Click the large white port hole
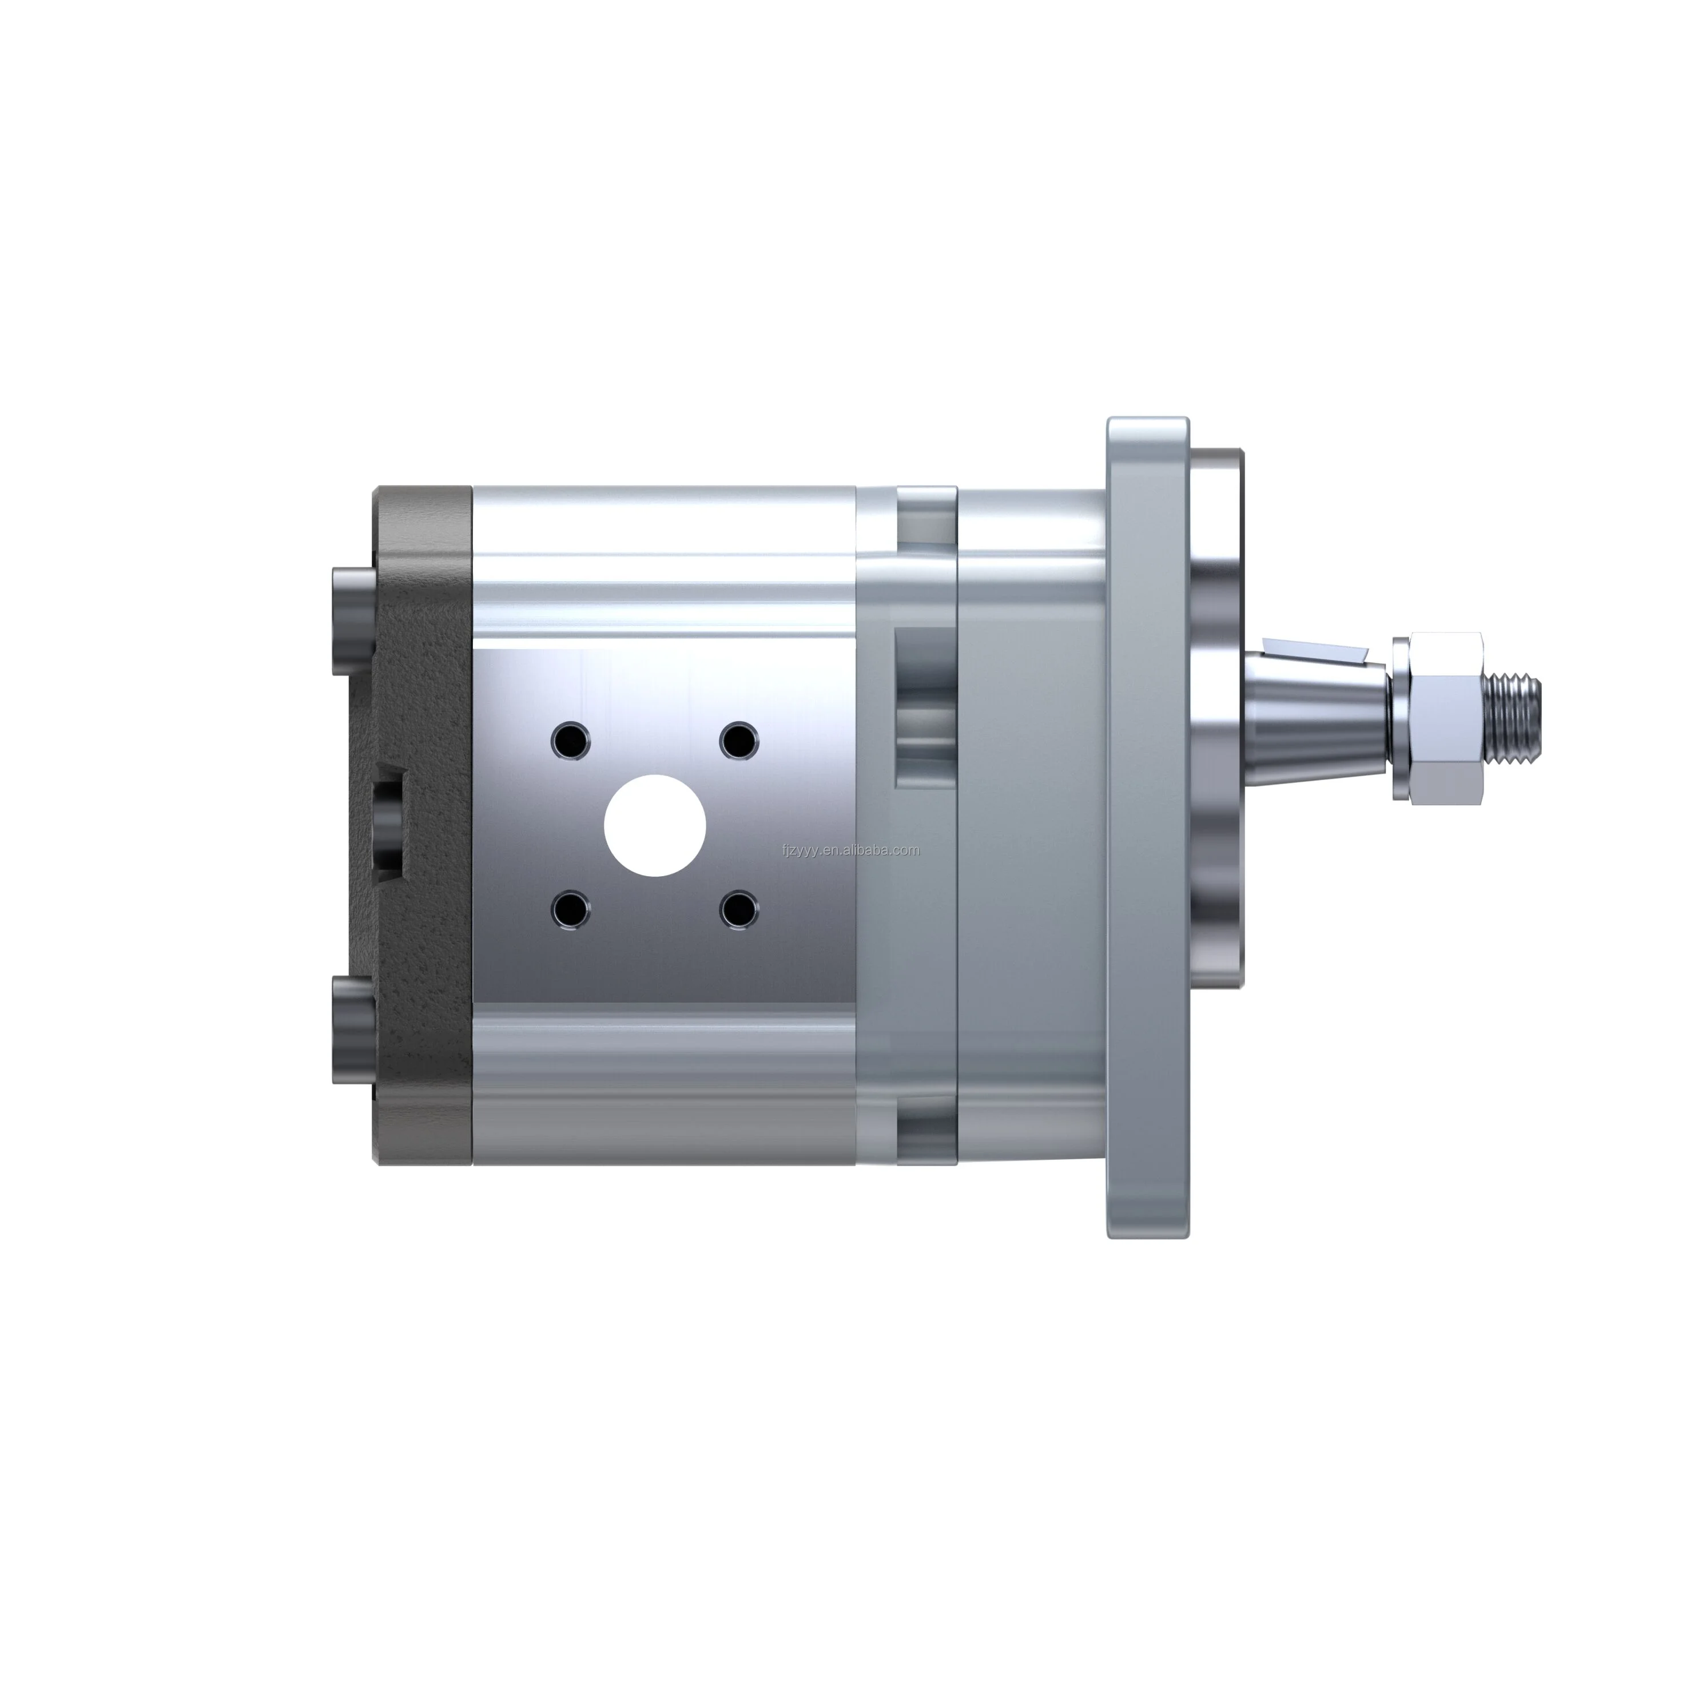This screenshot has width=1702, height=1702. (x=654, y=825)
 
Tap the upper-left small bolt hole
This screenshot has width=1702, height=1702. (x=570, y=740)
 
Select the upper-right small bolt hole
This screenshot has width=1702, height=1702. (x=738, y=740)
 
